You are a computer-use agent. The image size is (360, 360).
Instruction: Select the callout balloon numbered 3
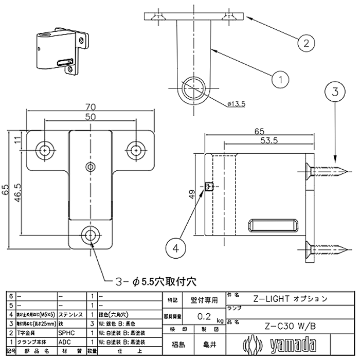point(335,93)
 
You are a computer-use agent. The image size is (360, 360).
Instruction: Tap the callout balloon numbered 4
point(176,248)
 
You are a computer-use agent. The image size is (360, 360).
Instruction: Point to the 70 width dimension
point(91,106)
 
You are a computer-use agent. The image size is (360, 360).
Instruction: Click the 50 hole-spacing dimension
point(91,117)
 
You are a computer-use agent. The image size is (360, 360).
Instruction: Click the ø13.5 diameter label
point(236,104)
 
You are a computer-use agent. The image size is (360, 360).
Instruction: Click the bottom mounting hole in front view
point(91,236)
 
